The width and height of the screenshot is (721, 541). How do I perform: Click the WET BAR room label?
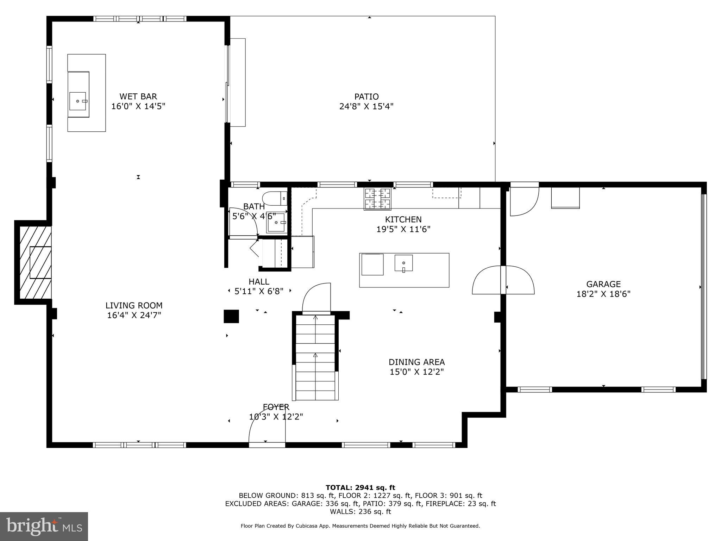138,97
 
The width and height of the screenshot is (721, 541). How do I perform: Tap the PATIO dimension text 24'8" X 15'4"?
366,106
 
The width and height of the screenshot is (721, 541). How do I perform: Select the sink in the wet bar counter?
78,101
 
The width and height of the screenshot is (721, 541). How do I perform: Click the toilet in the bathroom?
275,198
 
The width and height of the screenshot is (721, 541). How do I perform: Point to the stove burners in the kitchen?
377,199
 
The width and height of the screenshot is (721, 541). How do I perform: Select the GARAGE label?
603,284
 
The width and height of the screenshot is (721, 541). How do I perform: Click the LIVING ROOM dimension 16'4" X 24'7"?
134,315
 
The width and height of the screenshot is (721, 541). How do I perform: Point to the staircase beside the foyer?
315,357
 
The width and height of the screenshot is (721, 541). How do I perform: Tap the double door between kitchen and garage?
503,280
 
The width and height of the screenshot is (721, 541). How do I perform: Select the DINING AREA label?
416,362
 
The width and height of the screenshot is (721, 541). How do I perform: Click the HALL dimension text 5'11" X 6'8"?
259,291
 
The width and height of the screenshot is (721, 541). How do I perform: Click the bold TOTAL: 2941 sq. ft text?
360,488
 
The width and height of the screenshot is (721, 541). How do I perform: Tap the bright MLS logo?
44,526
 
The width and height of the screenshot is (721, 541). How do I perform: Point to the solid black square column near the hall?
231,316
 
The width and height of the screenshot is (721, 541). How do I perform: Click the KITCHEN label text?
403,219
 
